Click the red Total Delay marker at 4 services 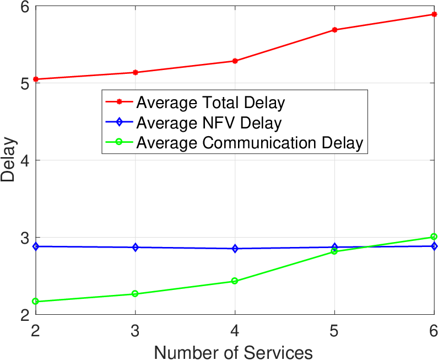pos(235,61)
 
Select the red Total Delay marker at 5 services pos(334,30)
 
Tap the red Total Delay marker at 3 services pos(135,72)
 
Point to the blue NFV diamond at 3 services pos(135,248)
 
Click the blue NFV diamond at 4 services pos(235,249)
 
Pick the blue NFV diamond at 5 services pos(334,247)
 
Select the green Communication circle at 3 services pos(135,294)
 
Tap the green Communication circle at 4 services pos(235,281)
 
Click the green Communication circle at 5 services pos(334,251)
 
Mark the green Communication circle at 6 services pos(434,237)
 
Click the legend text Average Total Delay pos(210,103)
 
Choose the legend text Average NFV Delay pos(209,123)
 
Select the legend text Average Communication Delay pos(250,143)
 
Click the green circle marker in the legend pos(119,142)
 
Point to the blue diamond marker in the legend pos(119,122)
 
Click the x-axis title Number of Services pos(233,352)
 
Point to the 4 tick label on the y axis pos(25,160)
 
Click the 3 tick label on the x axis pos(135,331)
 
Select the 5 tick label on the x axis pos(334,331)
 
